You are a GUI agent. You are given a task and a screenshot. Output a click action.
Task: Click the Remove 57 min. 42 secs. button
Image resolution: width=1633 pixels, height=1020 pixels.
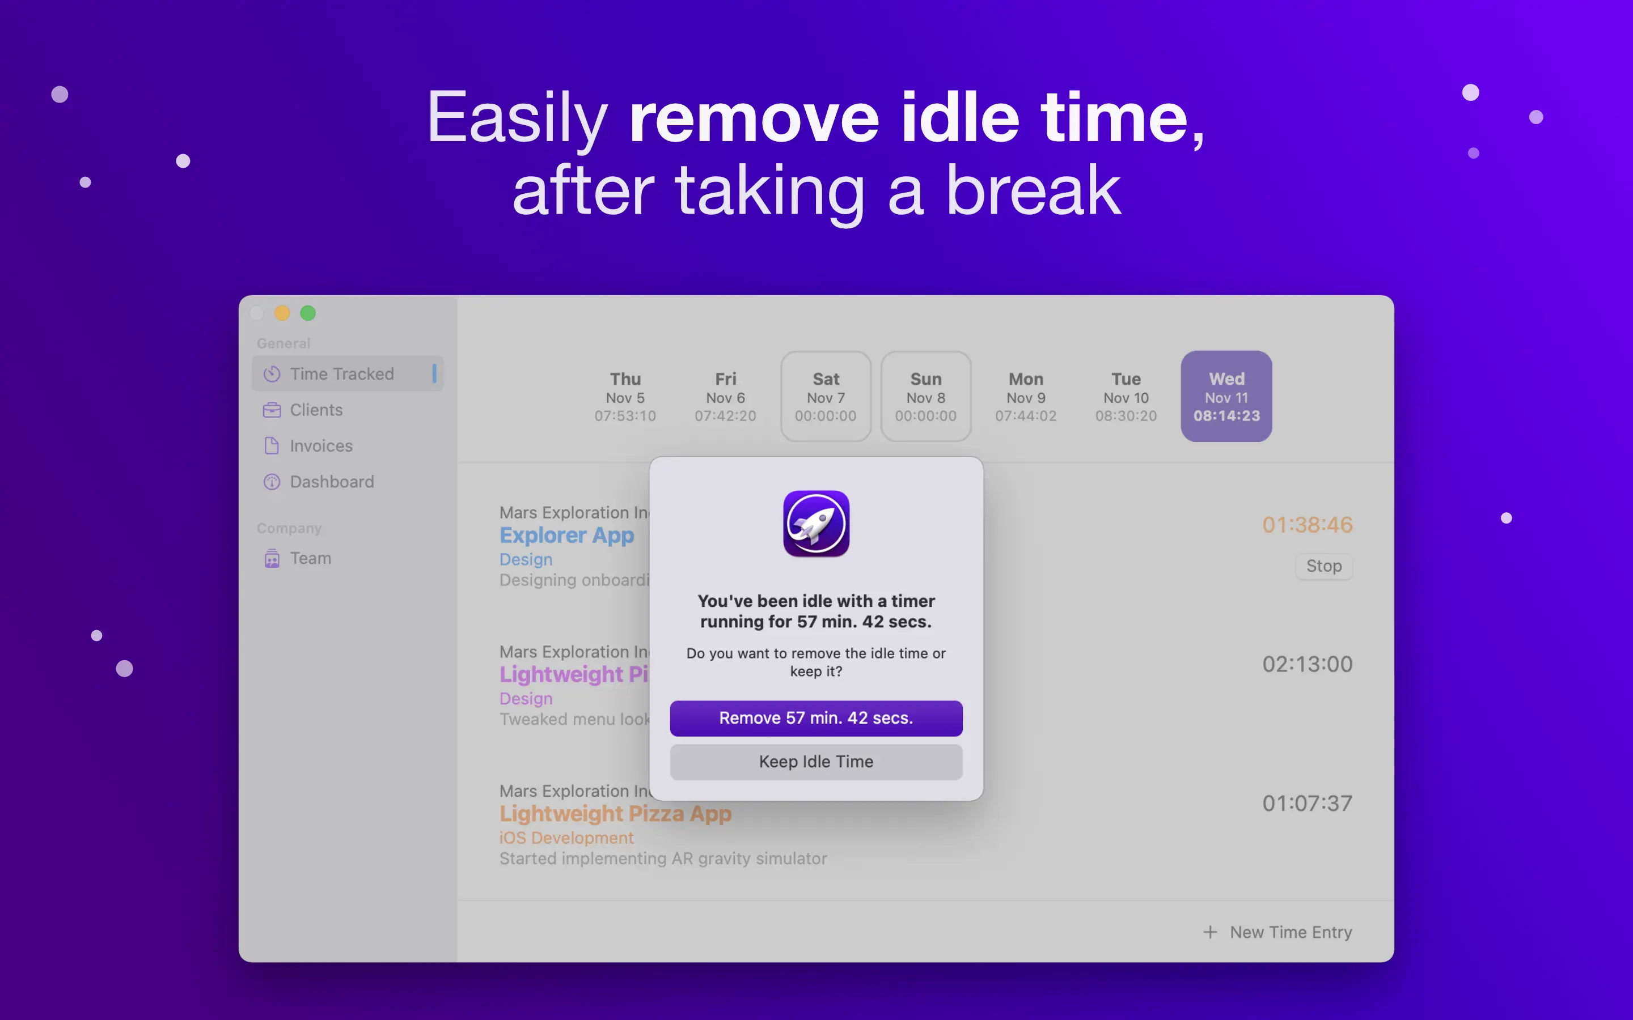tap(816, 718)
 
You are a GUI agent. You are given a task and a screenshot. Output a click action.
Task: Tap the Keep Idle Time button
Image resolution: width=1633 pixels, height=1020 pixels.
tap(816, 762)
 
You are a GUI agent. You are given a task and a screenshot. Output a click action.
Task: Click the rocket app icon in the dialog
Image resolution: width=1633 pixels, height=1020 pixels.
tap(816, 524)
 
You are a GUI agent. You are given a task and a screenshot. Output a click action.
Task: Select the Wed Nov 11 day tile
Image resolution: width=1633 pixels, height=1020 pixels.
tap(1226, 396)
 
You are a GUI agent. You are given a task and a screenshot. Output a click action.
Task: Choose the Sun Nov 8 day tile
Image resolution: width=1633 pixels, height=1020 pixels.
tap(926, 396)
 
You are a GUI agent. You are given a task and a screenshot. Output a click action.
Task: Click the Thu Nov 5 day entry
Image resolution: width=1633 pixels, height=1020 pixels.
tap(625, 397)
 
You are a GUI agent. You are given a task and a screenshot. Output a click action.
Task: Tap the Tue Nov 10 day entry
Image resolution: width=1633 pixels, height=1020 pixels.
tap(1126, 397)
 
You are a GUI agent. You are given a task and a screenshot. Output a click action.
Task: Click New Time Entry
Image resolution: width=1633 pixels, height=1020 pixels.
tap(1277, 932)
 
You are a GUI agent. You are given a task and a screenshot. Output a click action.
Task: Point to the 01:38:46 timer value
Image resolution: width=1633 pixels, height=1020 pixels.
tap(1307, 524)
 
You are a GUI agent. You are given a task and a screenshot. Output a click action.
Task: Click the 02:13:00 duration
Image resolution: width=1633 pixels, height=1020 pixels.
tap(1307, 664)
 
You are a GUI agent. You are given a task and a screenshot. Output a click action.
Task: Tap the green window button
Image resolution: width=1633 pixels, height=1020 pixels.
tap(308, 313)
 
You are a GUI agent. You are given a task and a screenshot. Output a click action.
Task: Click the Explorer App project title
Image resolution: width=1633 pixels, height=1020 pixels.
tap(567, 535)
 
